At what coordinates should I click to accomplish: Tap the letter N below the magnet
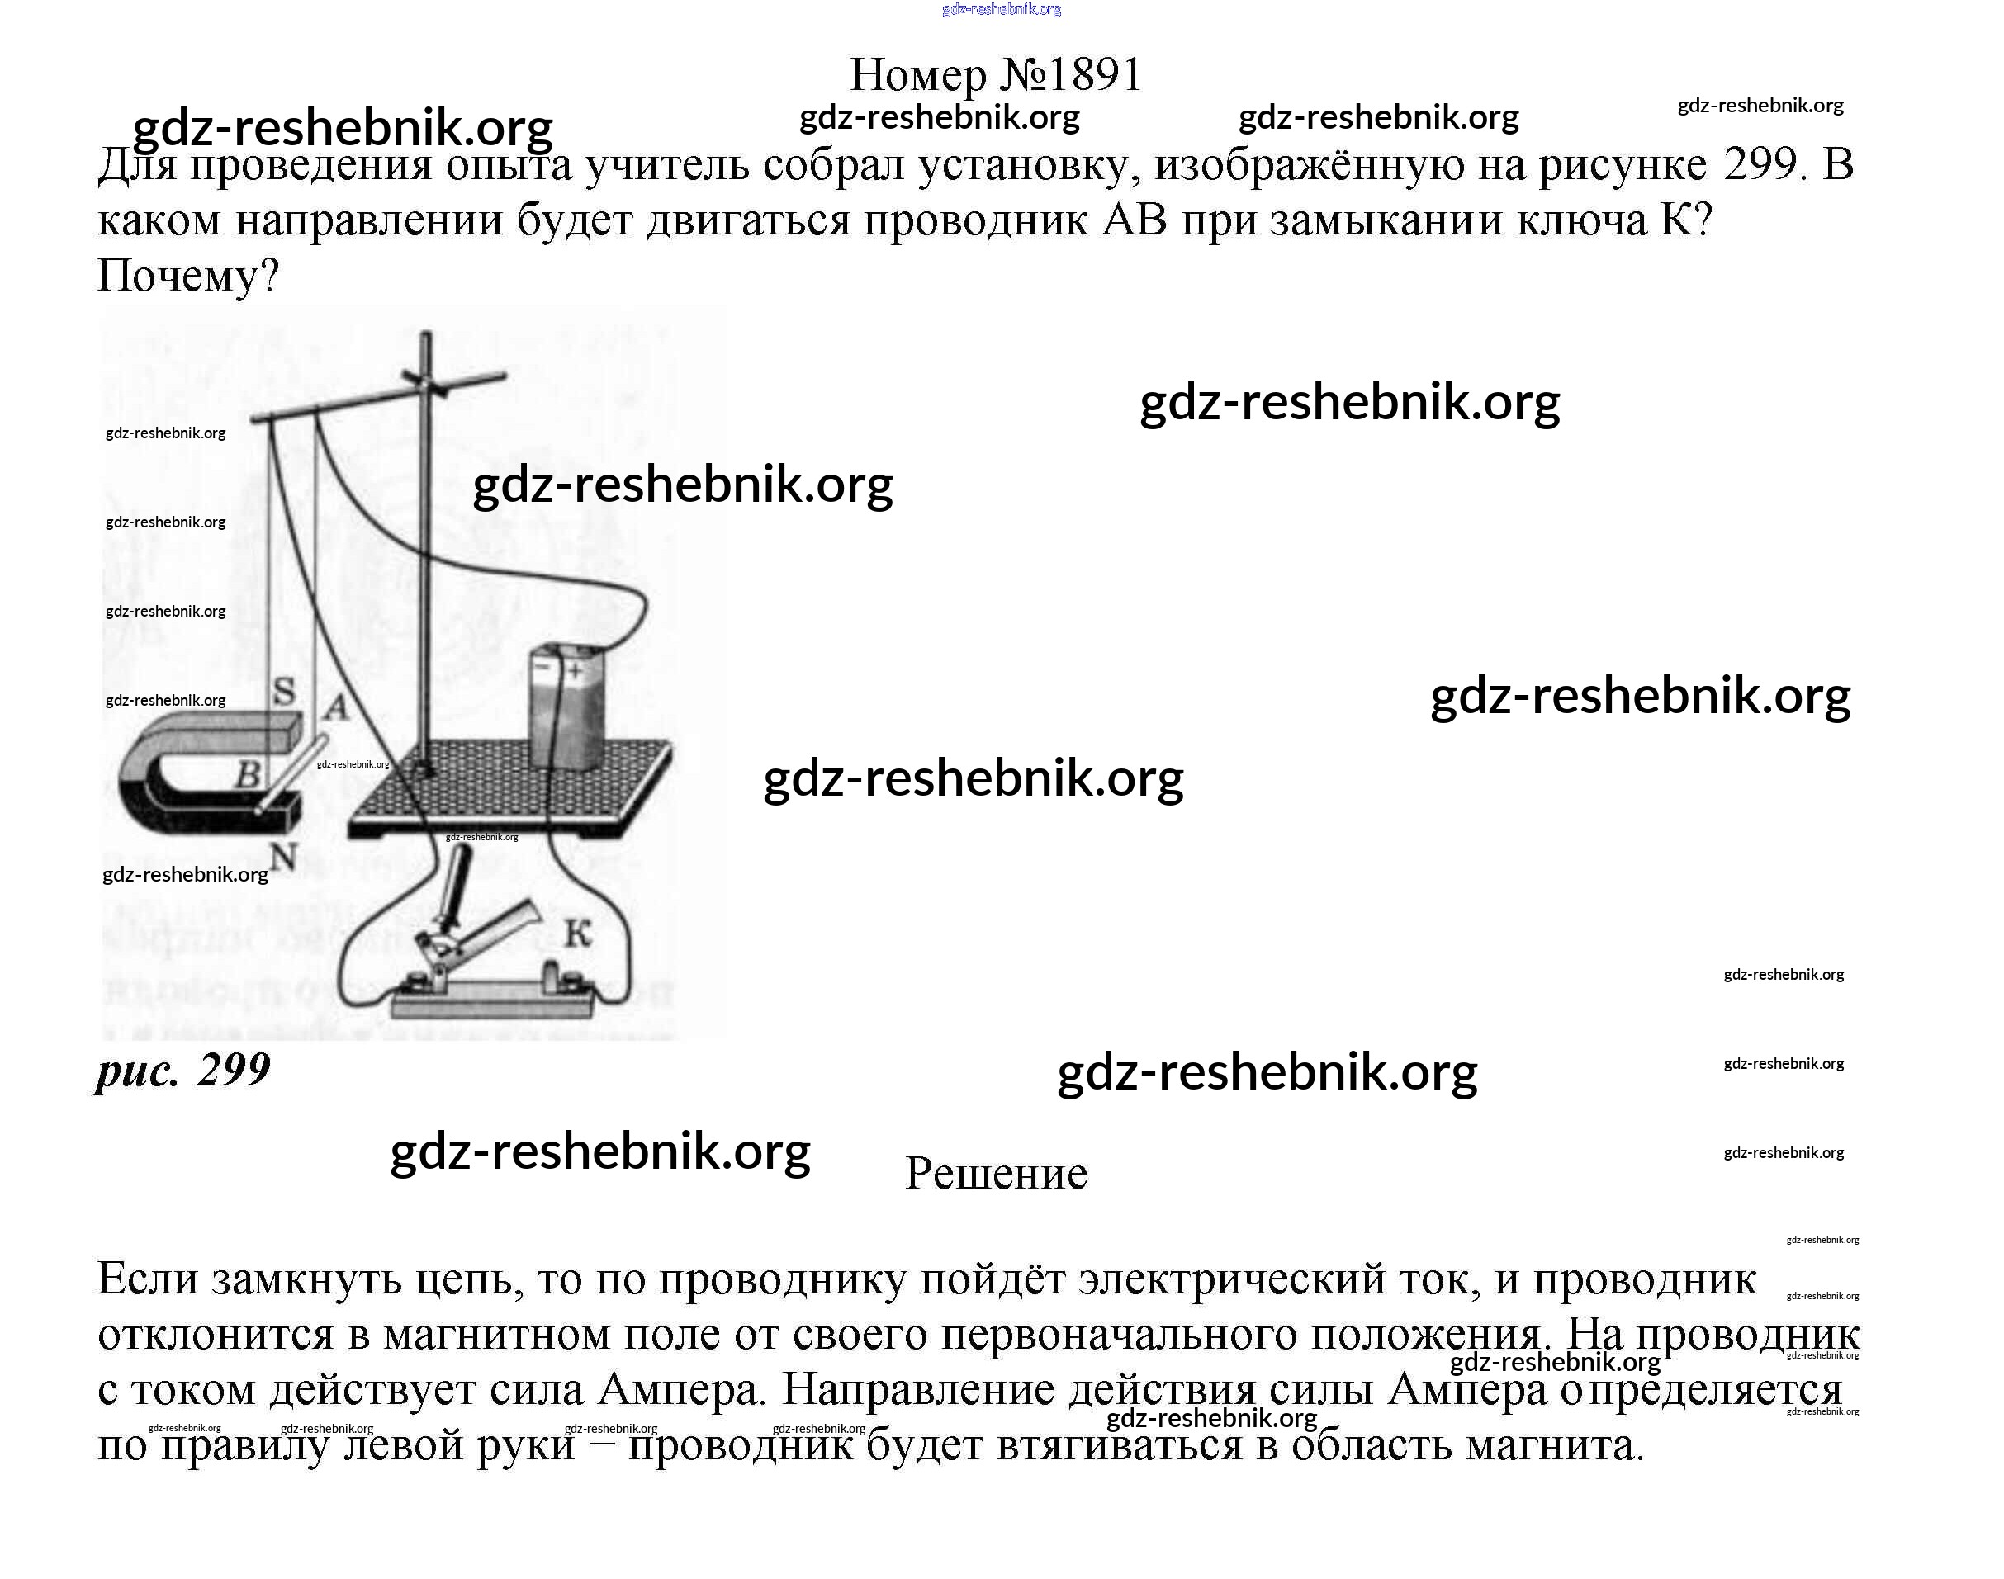click(x=284, y=858)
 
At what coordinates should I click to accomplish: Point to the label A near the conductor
click(x=336, y=708)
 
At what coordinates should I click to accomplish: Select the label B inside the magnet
click(x=247, y=773)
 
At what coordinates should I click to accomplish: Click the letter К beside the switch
click(x=577, y=934)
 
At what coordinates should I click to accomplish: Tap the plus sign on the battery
click(x=576, y=670)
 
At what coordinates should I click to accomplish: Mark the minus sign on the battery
click(x=544, y=664)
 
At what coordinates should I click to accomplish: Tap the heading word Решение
click(x=995, y=1173)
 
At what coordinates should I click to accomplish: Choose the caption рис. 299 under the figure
click(x=183, y=1071)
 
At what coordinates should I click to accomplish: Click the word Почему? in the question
click(x=188, y=275)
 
